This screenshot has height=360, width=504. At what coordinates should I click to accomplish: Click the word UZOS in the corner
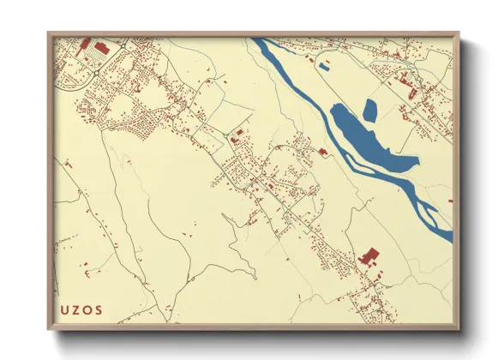(x=82, y=308)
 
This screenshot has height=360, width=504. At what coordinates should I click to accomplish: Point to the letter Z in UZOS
(x=77, y=308)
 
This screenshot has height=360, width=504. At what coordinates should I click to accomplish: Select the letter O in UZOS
(x=88, y=308)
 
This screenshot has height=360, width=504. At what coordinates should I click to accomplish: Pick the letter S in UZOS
(x=99, y=308)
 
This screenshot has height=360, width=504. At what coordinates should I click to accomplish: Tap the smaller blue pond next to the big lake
(x=370, y=110)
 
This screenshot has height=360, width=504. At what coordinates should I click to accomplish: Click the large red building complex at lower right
(x=370, y=255)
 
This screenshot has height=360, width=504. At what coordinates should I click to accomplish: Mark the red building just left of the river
(x=323, y=151)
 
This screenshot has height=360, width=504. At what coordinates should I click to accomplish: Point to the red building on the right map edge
(x=450, y=201)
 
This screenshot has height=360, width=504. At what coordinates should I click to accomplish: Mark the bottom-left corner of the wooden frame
(x=50, y=327)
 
